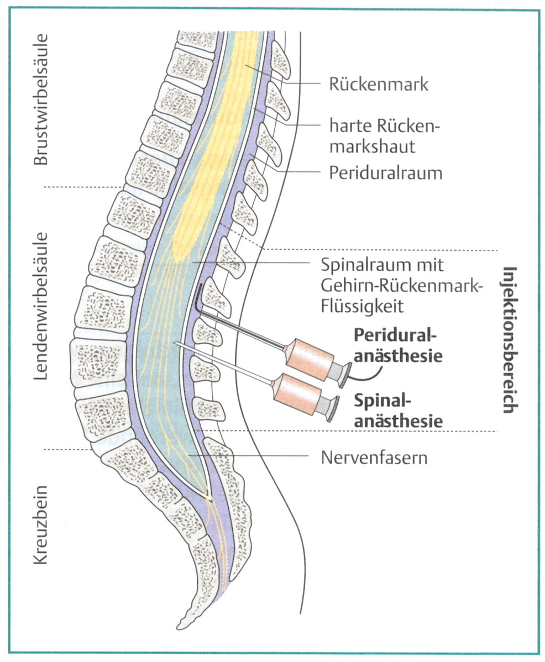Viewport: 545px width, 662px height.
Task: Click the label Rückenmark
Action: tap(379, 85)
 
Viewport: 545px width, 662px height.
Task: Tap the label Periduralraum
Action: tap(385, 172)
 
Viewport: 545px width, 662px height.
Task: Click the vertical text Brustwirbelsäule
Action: tap(41, 99)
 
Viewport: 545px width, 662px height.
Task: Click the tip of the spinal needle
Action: tap(176, 343)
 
